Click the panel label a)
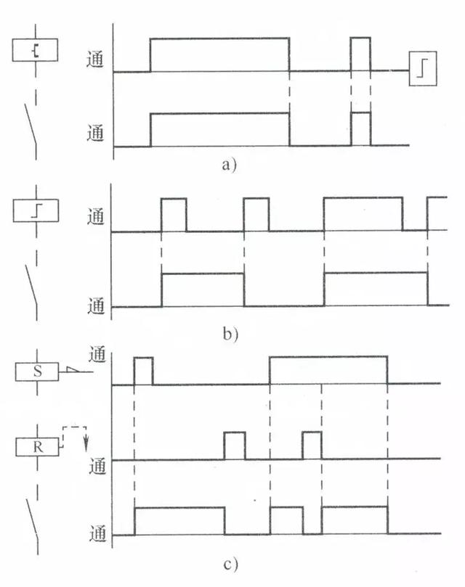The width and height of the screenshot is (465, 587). [230, 165]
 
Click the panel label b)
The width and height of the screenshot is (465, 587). [230, 335]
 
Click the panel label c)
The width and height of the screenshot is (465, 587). [230, 563]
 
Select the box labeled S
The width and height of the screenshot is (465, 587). [37, 372]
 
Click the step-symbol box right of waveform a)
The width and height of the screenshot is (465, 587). [423, 70]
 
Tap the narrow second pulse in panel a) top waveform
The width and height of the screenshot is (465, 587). [360, 54]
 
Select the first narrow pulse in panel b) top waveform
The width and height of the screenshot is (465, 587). [173, 215]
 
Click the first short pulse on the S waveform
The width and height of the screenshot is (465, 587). [143, 370]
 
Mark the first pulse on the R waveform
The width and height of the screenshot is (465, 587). [234, 446]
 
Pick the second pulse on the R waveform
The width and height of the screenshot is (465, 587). [312, 446]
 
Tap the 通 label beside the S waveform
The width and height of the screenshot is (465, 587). [97, 356]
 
